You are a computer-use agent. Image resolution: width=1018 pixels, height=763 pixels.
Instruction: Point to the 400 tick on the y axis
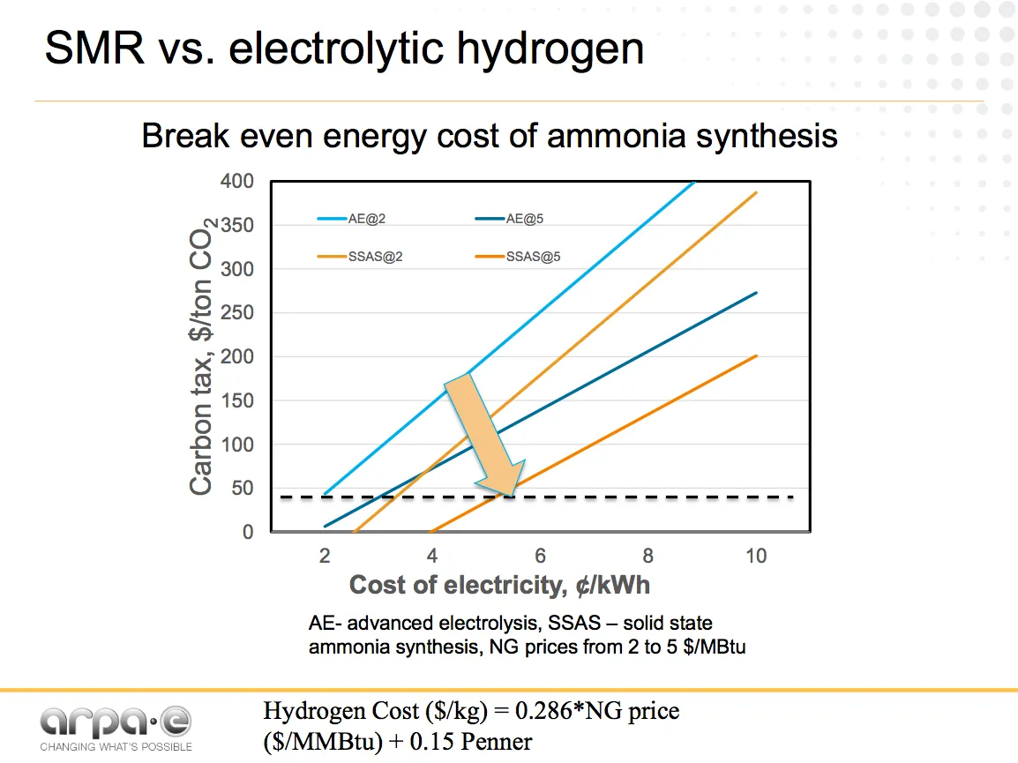click(x=237, y=182)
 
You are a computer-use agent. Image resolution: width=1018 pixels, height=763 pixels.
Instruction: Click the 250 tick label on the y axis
click(x=237, y=313)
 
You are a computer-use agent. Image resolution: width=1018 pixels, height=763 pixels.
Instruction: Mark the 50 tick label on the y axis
click(x=243, y=489)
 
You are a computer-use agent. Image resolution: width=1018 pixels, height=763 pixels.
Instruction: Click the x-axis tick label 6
click(x=541, y=556)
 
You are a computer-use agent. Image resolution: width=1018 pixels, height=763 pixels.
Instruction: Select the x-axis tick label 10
click(x=756, y=556)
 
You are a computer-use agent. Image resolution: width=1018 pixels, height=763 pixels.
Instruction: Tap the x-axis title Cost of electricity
click(x=499, y=585)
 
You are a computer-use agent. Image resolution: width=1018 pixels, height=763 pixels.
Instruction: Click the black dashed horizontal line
click(x=618, y=497)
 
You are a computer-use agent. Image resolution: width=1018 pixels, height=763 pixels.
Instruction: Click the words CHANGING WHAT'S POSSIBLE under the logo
click(x=116, y=747)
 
